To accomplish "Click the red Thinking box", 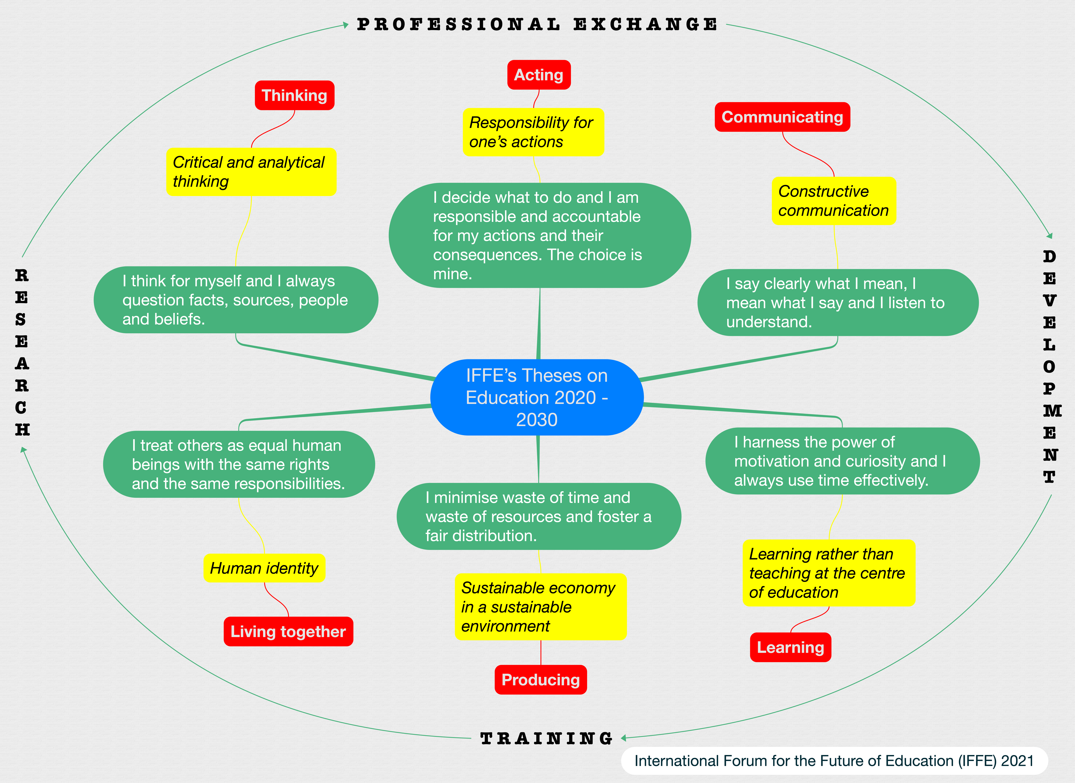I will click(294, 95).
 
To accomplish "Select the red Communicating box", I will click(782, 117).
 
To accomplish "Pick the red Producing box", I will click(540, 680).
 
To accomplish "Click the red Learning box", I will click(790, 647).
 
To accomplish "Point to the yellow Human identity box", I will click(264, 568).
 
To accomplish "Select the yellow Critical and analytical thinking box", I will click(251, 172).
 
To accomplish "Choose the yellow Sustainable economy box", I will click(540, 607).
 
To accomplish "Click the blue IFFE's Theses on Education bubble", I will click(537, 397).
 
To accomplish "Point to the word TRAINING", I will click(546, 738).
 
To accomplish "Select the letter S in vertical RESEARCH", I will click(21, 320).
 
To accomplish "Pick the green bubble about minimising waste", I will click(538, 516).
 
